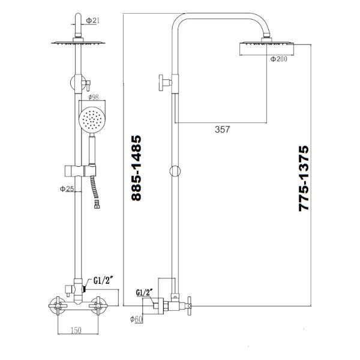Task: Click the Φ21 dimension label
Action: [x=93, y=22]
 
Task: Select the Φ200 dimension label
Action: [x=279, y=59]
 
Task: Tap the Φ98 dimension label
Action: [x=93, y=96]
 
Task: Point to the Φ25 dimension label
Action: [x=66, y=190]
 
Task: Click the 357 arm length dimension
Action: [x=221, y=128]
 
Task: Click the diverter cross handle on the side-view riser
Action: [x=163, y=82]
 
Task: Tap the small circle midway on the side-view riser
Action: [x=175, y=171]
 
